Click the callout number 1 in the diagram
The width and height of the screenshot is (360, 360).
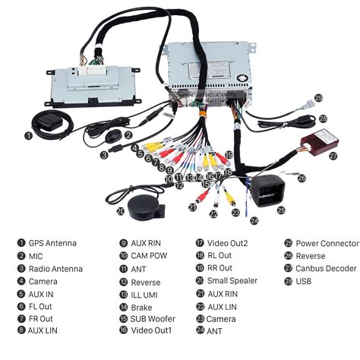tap(28, 136)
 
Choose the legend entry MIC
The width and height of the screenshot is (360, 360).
tap(36, 257)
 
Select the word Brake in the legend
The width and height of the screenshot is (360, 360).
tap(142, 306)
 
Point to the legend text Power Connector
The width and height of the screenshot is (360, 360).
tap(327, 244)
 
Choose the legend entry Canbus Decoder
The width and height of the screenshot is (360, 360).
tap(326, 269)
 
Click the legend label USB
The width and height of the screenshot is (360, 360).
tap(305, 282)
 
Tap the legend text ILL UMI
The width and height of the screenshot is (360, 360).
tap(147, 294)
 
